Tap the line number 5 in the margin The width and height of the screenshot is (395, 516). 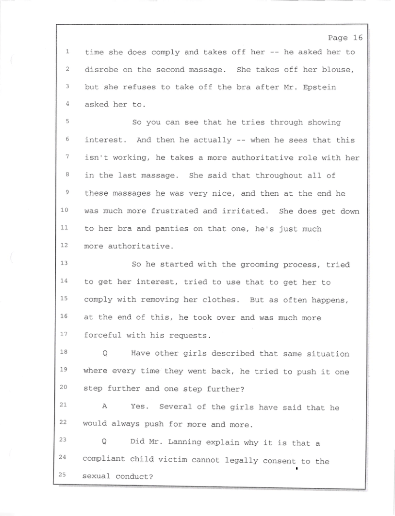[68, 123]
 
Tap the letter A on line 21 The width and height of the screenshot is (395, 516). [104, 407]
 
